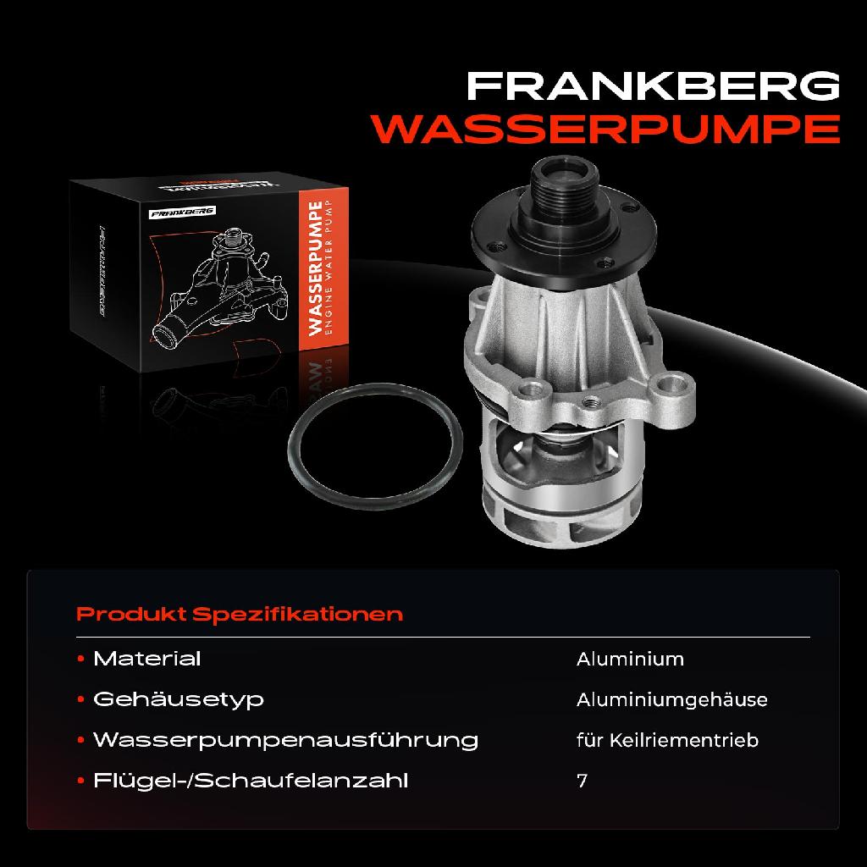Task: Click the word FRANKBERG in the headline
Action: [653, 86]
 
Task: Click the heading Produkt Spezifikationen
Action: [240, 614]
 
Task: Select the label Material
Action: [147, 659]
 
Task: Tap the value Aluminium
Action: [630, 659]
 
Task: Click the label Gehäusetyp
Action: [179, 699]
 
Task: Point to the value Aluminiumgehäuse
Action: [671, 699]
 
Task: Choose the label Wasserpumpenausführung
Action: [285, 740]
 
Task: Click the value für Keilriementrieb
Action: [666, 740]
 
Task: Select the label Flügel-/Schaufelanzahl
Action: [251, 781]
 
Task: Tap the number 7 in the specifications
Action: [582, 781]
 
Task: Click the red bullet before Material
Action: [80, 659]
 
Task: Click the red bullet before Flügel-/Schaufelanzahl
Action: [80, 781]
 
